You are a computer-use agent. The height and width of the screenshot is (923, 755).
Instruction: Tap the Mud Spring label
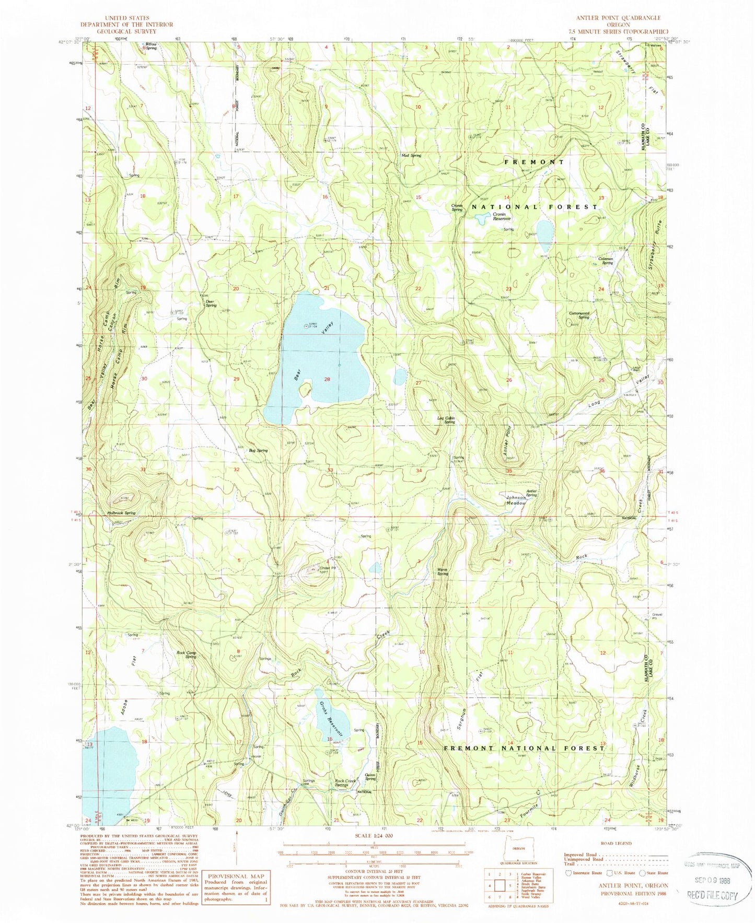(x=411, y=156)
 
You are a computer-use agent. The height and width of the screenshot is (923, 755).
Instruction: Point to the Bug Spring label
(x=258, y=450)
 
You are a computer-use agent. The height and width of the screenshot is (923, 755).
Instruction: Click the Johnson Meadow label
(x=515, y=500)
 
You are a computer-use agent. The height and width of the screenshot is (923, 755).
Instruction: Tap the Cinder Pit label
(x=327, y=568)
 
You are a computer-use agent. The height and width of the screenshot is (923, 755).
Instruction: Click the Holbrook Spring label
(x=121, y=513)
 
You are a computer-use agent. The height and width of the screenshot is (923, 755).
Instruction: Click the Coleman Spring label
(x=605, y=261)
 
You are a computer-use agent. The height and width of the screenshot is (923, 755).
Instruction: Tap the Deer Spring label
(x=211, y=303)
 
